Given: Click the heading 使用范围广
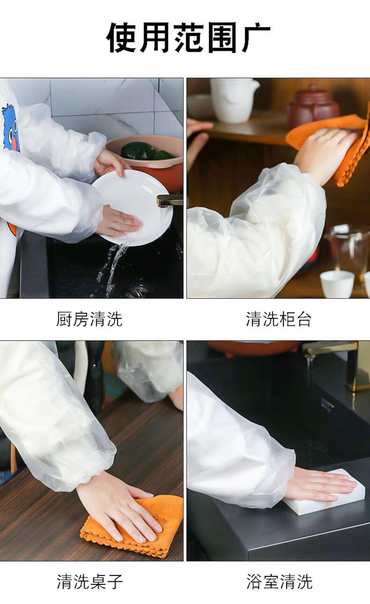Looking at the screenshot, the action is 188,37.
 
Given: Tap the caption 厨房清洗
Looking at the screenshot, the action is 89,319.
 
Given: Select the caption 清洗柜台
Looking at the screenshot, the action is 279,319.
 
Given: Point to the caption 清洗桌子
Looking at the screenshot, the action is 90,582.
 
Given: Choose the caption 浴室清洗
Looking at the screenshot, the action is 279,582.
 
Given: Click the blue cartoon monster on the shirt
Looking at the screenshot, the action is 11,127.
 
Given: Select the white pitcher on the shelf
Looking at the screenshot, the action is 233,100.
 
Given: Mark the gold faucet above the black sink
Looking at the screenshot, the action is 334,358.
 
